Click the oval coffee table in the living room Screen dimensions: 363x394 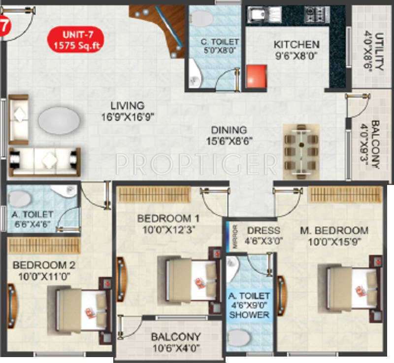point(58,119)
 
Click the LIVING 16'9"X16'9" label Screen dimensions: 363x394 point(127,111)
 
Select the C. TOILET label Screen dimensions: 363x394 point(214,45)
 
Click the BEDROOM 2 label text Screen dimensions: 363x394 point(41,269)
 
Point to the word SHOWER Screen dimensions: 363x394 point(249,315)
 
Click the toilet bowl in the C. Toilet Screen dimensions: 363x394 point(202,18)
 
